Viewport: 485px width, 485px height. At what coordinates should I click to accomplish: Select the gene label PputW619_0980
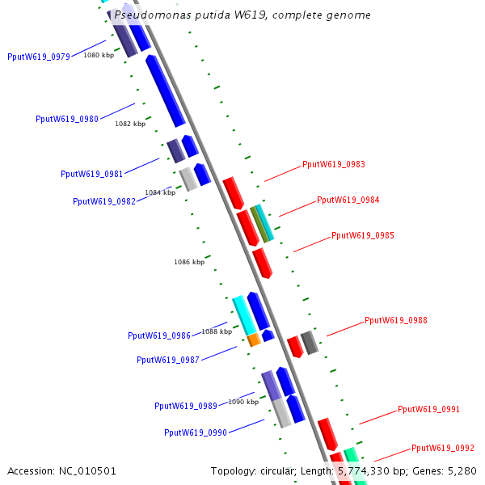[67, 119]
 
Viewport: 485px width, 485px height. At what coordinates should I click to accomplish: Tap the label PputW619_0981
[92, 174]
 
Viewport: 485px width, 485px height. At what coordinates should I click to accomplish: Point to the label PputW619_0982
[104, 201]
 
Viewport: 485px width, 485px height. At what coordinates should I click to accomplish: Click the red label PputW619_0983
[334, 164]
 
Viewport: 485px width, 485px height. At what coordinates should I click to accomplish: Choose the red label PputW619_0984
[348, 200]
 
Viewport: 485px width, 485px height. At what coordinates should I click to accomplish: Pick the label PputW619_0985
[363, 236]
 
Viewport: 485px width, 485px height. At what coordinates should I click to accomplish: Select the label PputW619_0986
[159, 335]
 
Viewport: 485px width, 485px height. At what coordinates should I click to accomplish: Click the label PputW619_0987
[168, 360]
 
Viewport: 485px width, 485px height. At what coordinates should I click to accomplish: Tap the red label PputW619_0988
[396, 320]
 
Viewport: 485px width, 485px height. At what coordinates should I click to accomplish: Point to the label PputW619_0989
[186, 406]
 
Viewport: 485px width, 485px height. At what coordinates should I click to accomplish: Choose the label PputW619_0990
[196, 432]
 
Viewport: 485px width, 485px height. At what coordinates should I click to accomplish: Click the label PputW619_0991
[429, 409]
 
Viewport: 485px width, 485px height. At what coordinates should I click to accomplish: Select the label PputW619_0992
[443, 448]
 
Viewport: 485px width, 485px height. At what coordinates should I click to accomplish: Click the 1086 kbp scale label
[189, 262]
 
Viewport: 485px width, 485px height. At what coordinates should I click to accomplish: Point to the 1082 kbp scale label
[130, 124]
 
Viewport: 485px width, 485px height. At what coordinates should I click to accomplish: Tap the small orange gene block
[254, 339]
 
